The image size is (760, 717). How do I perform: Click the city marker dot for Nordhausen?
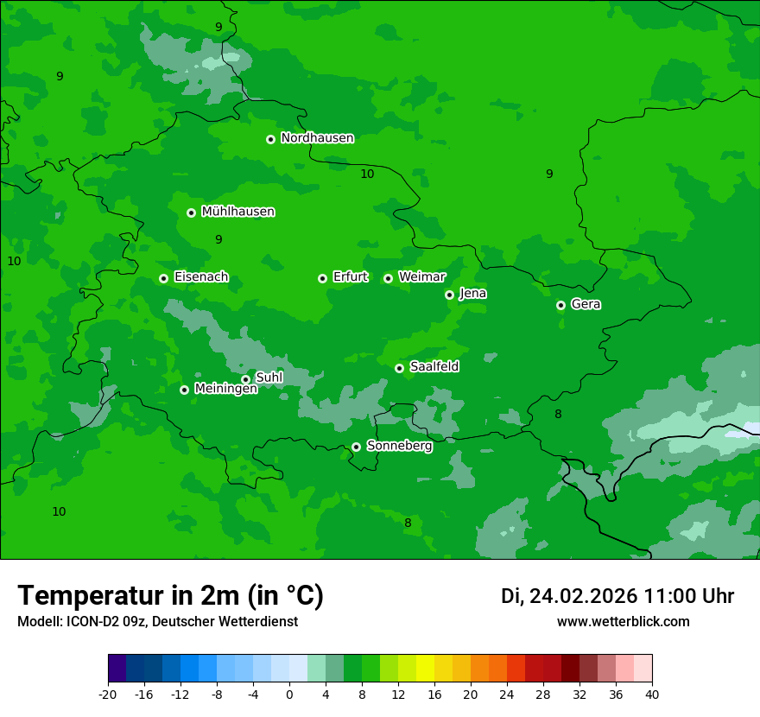[270, 139]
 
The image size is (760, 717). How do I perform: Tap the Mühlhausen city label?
[237, 212]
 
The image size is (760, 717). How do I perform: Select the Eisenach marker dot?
[163, 278]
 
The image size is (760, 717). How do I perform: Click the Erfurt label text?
[350, 277]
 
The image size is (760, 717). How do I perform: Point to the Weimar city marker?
[388, 278]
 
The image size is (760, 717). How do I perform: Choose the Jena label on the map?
[472, 294]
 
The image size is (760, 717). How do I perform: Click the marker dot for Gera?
[560, 305]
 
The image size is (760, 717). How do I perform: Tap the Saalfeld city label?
[434, 367]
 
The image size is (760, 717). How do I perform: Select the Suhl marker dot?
[245, 379]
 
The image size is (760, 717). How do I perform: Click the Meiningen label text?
[225, 390]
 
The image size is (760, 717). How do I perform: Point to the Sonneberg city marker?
[356, 447]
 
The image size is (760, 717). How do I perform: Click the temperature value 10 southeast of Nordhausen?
[367, 174]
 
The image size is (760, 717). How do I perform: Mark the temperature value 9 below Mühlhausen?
[218, 239]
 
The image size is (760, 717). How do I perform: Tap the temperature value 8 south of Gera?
[558, 415]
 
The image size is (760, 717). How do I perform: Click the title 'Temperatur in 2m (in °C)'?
[170, 596]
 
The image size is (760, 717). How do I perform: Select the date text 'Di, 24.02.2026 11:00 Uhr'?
[617, 596]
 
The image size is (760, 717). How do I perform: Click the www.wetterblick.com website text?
[623, 622]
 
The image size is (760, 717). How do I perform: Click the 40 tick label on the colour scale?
[651, 695]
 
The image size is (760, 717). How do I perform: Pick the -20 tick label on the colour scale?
[108, 695]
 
